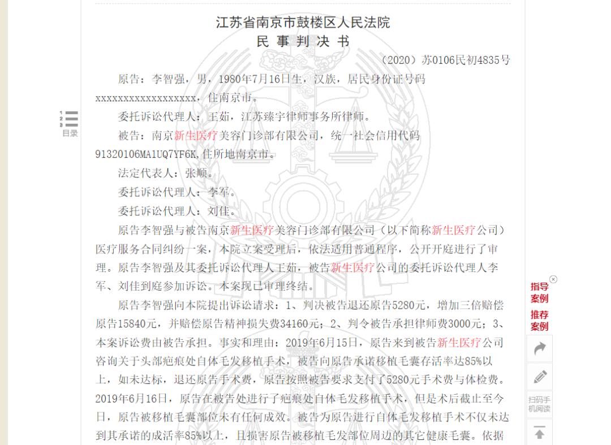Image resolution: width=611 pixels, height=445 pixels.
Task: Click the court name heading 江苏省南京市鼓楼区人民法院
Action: (x=303, y=23)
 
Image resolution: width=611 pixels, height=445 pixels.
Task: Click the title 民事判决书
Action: (x=303, y=41)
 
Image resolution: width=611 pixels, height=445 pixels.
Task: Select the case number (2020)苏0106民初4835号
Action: (x=446, y=60)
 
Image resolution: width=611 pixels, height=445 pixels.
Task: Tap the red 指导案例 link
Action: (x=539, y=292)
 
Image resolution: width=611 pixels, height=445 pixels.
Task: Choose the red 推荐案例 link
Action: (x=539, y=320)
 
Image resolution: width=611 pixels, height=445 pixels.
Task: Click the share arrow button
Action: (x=540, y=348)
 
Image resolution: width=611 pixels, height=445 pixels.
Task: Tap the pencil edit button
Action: (x=540, y=376)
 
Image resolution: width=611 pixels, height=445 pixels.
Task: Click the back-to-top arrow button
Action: (x=540, y=433)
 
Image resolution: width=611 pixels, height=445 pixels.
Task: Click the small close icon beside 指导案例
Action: (x=553, y=279)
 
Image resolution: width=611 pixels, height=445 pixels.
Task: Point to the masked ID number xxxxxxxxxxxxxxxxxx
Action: (x=146, y=98)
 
